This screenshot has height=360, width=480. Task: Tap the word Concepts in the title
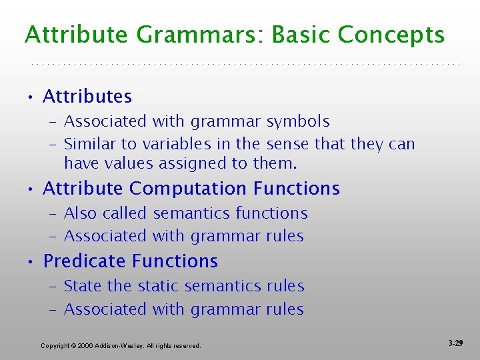pyautogui.click(x=392, y=35)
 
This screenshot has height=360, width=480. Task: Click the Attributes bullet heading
pyautogui.click(x=87, y=97)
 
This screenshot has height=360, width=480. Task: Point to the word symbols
pyautogui.click(x=298, y=121)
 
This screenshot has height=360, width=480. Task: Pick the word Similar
pyautogui.click(x=88, y=144)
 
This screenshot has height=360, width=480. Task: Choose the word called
pyautogui.click(x=126, y=213)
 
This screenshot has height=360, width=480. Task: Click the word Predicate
pyautogui.click(x=83, y=261)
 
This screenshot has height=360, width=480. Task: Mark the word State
pyautogui.click(x=83, y=286)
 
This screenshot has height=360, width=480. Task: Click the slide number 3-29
pyautogui.click(x=455, y=343)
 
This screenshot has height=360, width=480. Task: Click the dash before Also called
pyautogui.click(x=53, y=213)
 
